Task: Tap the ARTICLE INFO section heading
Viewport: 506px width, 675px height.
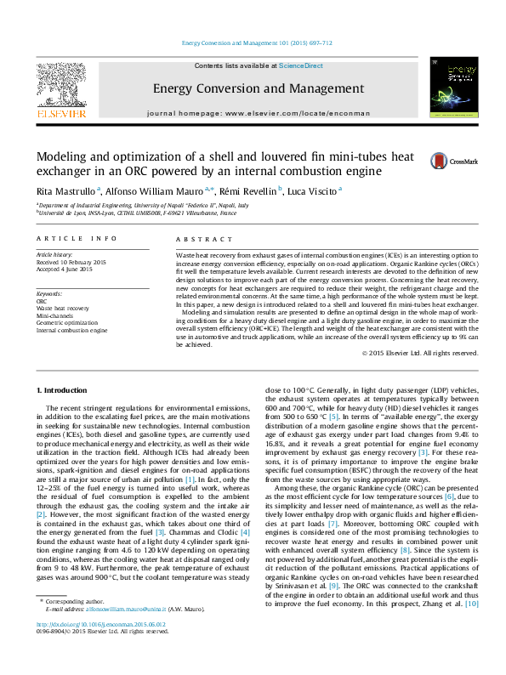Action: point(77,240)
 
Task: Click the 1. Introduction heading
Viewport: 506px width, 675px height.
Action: point(65,389)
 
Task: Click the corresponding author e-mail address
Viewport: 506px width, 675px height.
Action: point(139,632)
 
